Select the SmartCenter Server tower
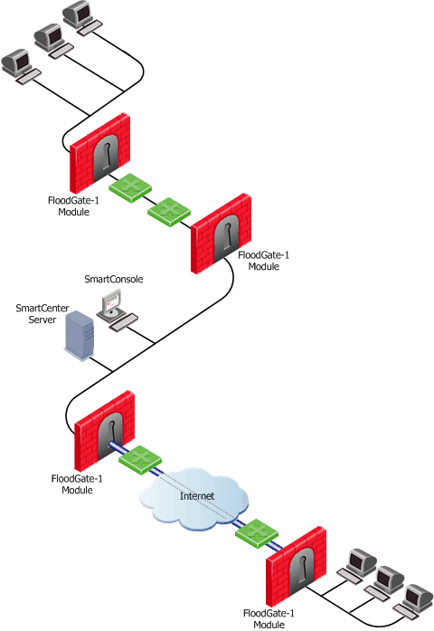80,337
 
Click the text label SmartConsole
114,279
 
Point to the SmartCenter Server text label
42,314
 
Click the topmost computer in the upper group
82,18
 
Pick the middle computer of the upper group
53,41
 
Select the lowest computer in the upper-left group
21,66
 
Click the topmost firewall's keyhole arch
106,158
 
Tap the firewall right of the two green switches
221,234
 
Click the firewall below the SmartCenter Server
105,431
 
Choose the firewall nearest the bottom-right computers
297,566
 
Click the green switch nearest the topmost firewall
130,187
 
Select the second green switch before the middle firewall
169,212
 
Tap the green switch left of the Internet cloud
140,460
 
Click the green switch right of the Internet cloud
257,534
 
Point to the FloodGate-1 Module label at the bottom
269,618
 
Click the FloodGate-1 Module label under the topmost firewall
73,206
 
